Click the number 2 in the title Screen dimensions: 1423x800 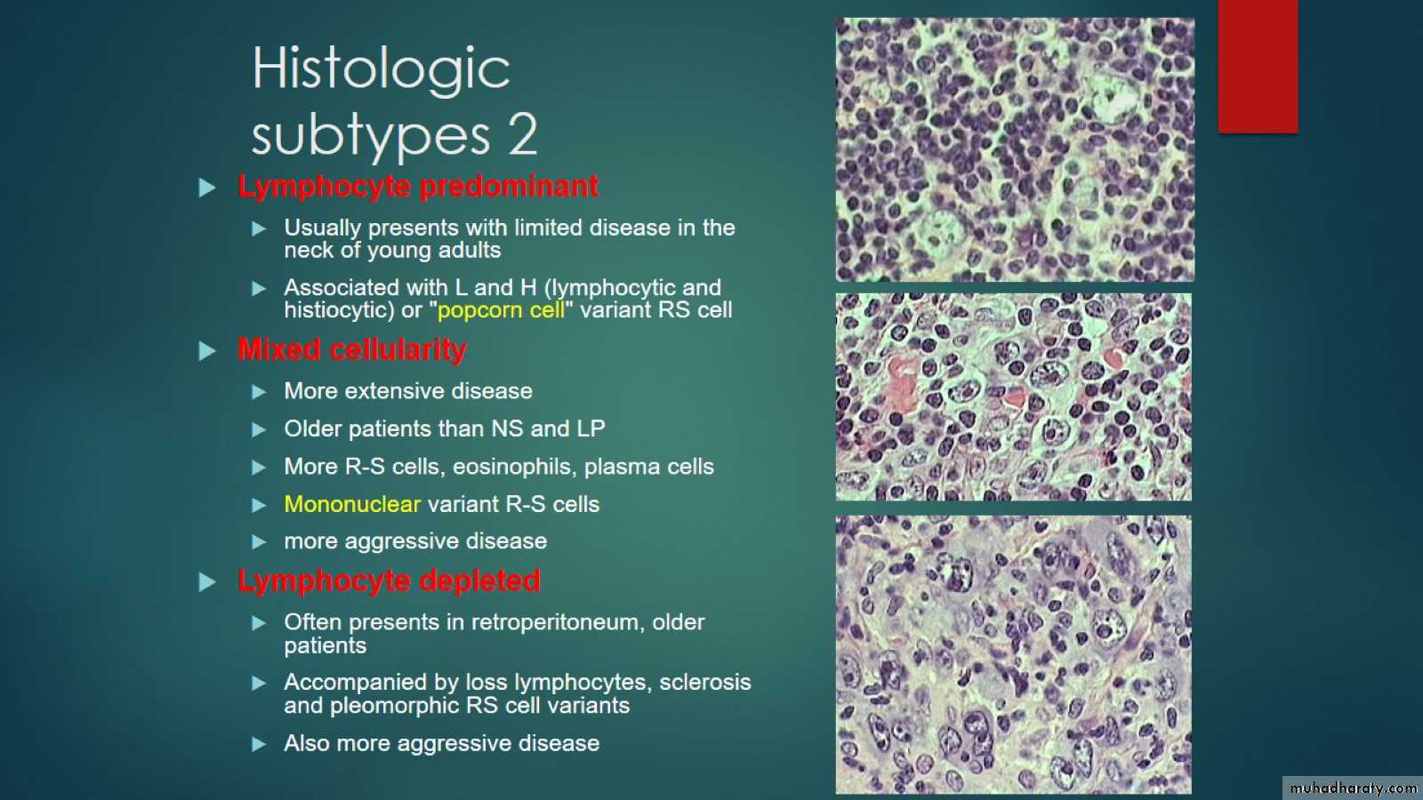(523, 134)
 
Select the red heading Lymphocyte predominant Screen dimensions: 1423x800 (418, 187)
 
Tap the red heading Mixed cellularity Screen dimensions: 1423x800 (352, 349)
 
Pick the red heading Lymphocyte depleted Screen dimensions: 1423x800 (389, 581)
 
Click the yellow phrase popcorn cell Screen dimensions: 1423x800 (501, 310)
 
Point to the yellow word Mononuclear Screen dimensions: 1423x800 (352, 504)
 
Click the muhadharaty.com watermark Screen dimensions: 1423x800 (1353, 788)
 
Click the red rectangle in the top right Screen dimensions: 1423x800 (1258, 66)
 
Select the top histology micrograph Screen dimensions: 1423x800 (1015, 149)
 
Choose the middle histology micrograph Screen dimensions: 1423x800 (1013, 396)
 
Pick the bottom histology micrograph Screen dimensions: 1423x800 (1013, 654)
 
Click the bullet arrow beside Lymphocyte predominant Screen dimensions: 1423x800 (207, 188)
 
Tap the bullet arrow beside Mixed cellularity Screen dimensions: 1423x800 (207, 350)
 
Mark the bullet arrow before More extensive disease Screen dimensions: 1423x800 (259, 392)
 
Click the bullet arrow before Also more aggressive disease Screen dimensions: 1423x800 (259, 744)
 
